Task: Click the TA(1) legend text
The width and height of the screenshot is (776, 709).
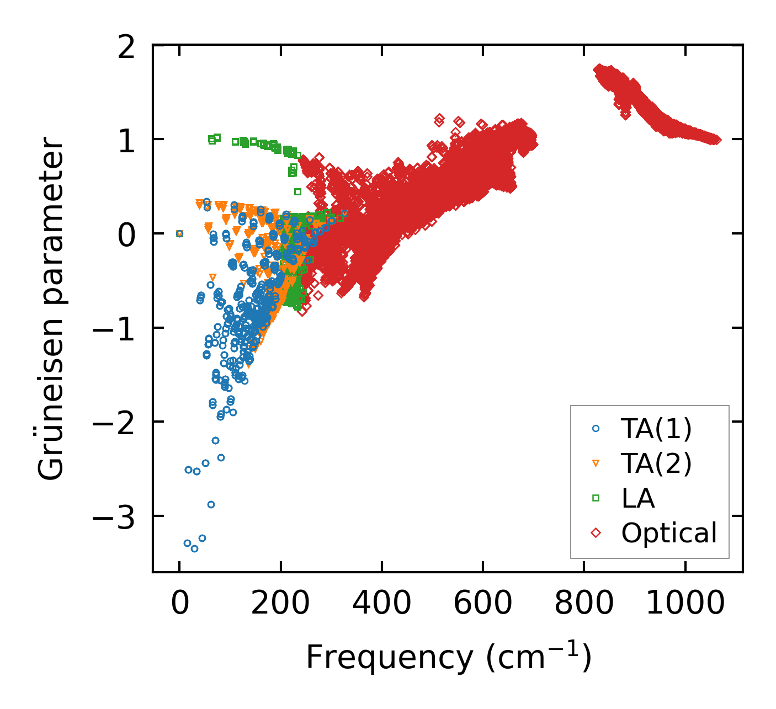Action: [656, 429]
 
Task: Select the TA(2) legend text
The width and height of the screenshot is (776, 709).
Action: [656, 463]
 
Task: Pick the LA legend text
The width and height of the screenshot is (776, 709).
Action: [638, 498]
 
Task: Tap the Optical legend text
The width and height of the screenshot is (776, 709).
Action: [669, 533]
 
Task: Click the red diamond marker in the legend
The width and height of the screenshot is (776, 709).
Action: [596, 533]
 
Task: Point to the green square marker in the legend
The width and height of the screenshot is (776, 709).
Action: [596, 498]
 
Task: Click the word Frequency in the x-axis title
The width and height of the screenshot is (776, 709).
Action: [389, 657]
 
